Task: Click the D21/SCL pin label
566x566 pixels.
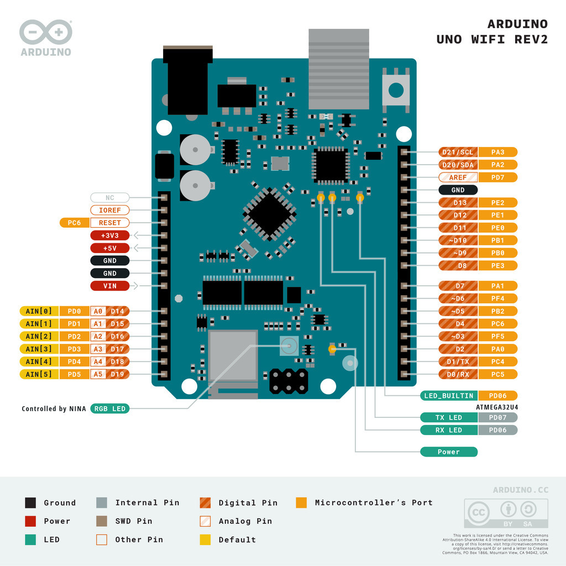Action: click(458, 152)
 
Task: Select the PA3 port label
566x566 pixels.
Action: click(497, 152)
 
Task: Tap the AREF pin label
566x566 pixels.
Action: click(458, 177)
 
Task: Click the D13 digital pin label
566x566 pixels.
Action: click(458, 202)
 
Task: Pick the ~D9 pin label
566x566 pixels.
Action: click(458, 253)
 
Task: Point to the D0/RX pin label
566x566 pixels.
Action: click(458, 374)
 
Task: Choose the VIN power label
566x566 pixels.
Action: click(109, 286)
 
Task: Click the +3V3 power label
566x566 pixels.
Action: click(109, 235)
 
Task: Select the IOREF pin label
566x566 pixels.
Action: click(109, 210)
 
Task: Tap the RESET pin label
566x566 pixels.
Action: click(109, 223)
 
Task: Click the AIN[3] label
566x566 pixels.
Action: click(39, 349)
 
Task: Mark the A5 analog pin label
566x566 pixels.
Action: click(98, 374)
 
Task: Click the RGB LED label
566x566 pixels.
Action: click(109, 409)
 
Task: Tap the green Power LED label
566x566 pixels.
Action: click(449, 452)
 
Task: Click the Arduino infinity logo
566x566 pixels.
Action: click(45, 33)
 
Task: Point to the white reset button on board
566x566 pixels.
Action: click(396, 90)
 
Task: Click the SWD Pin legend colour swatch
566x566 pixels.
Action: click(101, 521)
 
